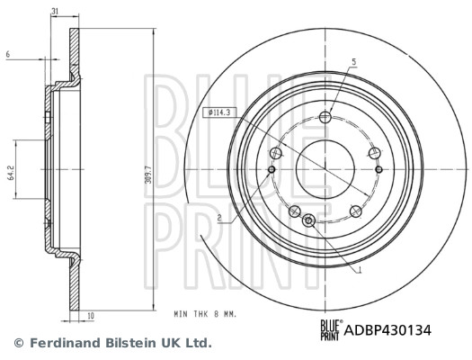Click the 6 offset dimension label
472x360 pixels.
7,55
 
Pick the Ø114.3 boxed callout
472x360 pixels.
220,112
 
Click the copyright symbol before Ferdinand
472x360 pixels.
17,343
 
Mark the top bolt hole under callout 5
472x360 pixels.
325,116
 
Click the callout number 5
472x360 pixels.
354,61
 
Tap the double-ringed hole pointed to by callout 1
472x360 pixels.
309,220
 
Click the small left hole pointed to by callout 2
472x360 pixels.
272,168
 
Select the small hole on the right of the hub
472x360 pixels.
378,168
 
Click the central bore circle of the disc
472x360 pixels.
325,168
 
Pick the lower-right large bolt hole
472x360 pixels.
357,211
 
